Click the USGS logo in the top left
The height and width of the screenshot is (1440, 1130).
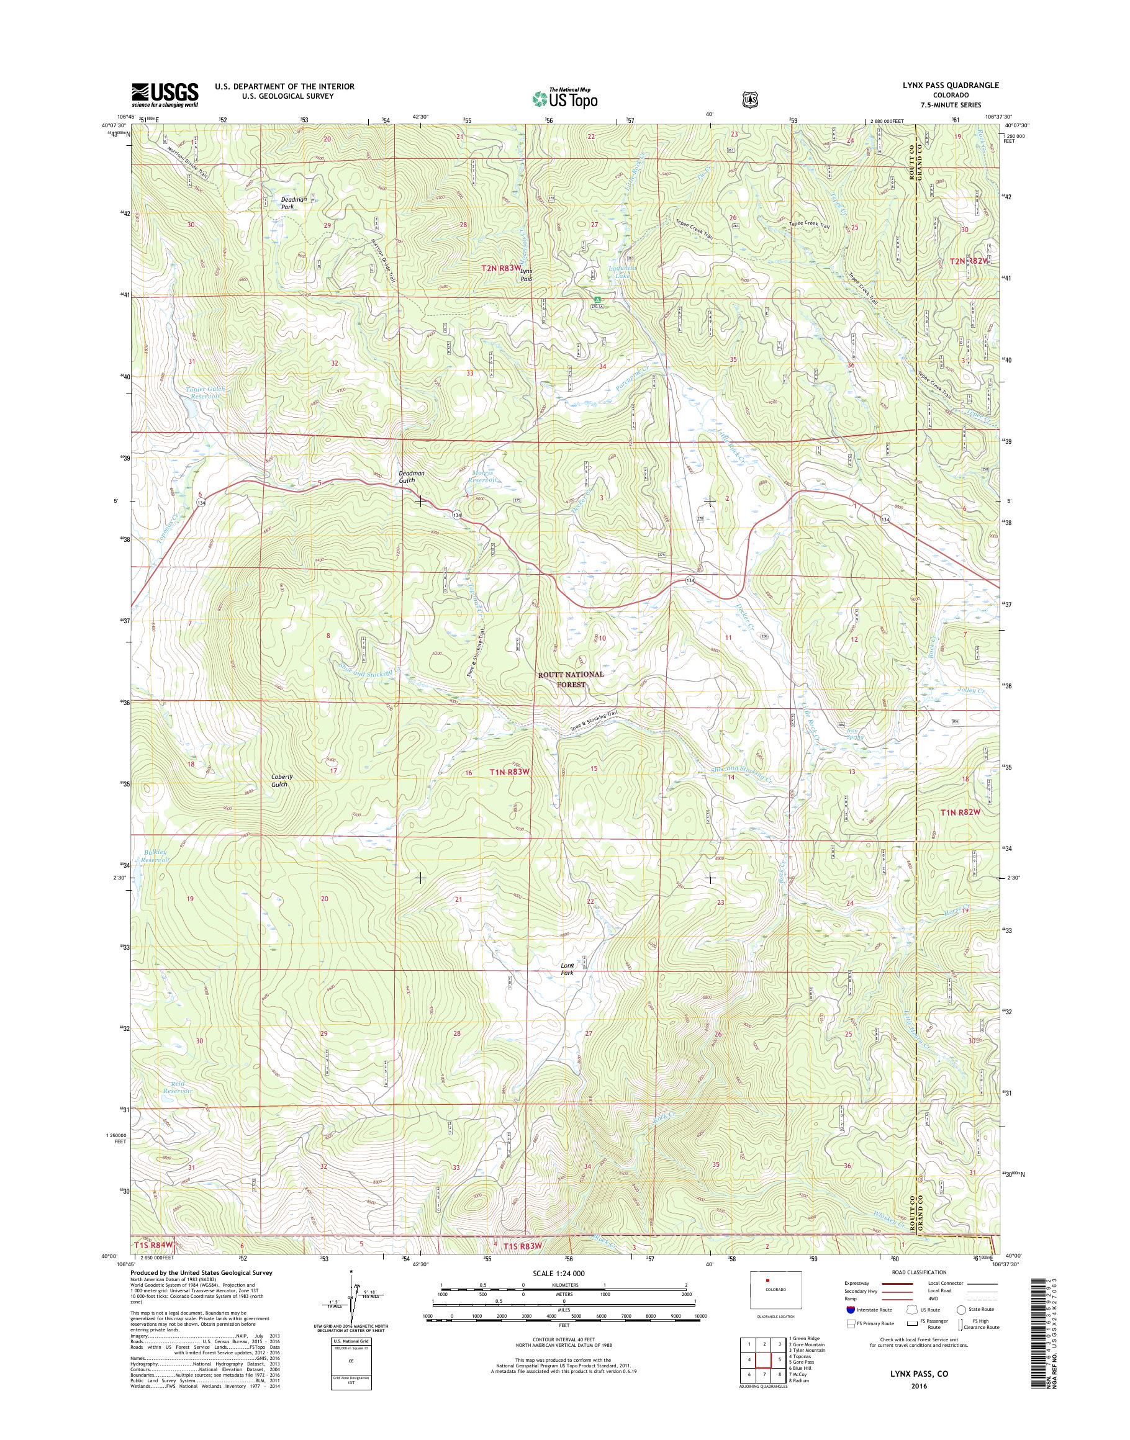(165, 94)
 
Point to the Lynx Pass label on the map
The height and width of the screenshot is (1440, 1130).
(526, 275)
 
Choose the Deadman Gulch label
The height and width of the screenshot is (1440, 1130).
(411, 477)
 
